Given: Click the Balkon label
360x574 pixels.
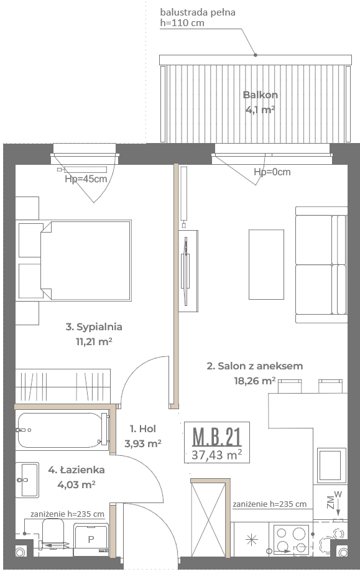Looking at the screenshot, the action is click(x=260, y=95).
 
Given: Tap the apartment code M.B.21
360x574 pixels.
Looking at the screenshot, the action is click(x=217, y=437).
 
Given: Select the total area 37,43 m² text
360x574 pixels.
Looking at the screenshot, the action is click(x=216, y=455).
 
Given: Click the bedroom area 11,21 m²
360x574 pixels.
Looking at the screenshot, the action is click(x=94, y=341).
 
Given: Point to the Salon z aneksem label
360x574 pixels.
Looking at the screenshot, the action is click(x=255, y=366).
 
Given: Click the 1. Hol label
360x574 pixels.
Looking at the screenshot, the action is click(x=142, y=428).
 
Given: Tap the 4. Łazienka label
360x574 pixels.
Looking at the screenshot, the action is click(x=76, y=470).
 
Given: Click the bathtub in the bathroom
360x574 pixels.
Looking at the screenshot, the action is click(x=62, y=430).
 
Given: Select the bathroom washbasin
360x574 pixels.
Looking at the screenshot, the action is click(x=27, y=479).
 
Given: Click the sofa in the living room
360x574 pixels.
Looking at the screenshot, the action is click(x=321, y=265).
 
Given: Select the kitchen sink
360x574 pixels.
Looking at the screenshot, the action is click(x=331, y=465).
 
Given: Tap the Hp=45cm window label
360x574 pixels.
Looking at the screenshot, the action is click(x=86, y=179).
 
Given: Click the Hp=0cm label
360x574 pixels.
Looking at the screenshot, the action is click(x=272, y=172).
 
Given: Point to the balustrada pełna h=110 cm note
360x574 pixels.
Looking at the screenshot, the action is click(x=198, y=17).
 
